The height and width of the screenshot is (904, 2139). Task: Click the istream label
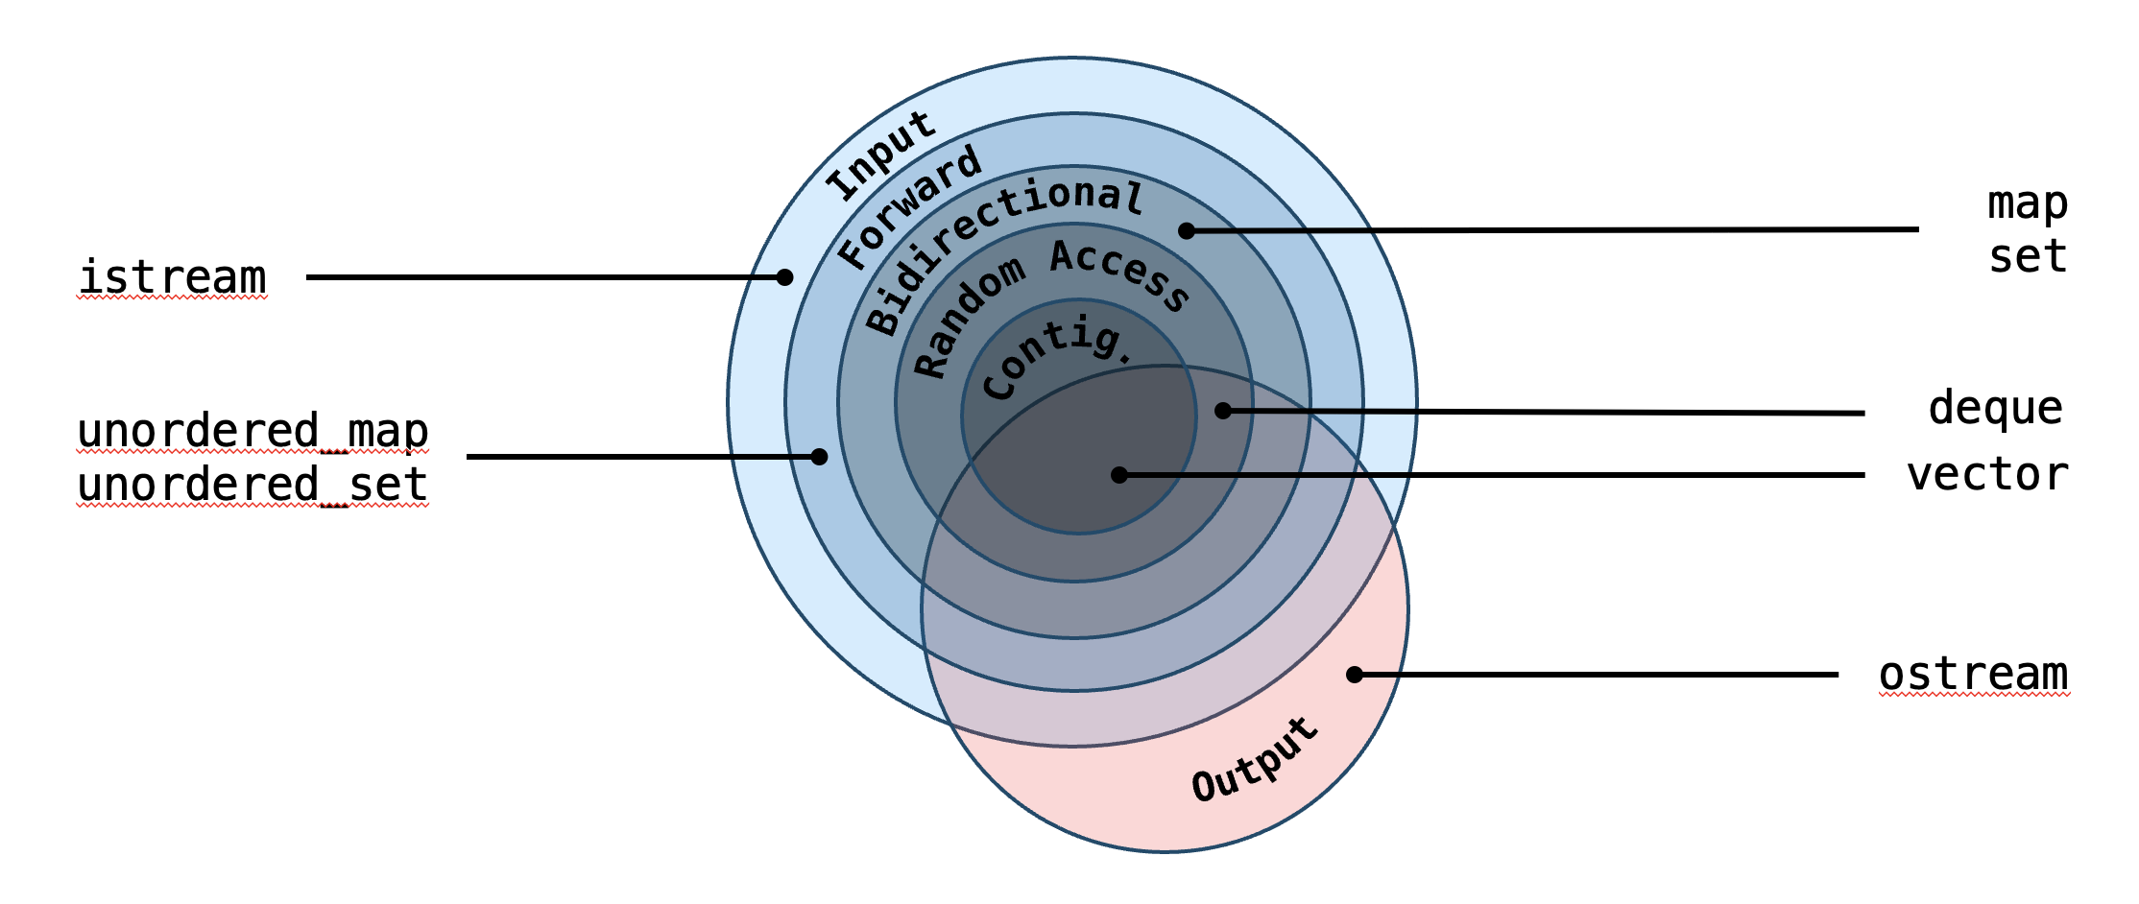172,278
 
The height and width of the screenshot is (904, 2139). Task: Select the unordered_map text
252,432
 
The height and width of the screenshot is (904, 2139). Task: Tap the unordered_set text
252,485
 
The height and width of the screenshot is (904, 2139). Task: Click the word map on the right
2027,203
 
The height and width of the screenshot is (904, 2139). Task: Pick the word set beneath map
2027,257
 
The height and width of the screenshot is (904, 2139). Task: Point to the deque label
1995,409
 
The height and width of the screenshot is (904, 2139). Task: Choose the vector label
1986,475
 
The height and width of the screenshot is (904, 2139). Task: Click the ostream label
1973,675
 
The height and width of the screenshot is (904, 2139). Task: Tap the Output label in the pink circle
1255,760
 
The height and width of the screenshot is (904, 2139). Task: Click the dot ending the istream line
784,277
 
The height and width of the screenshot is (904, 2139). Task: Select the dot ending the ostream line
1355,675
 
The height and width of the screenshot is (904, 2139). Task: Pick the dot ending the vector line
1119,475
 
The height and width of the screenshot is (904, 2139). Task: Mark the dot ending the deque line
1223,411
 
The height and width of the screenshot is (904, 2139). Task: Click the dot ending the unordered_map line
819,457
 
